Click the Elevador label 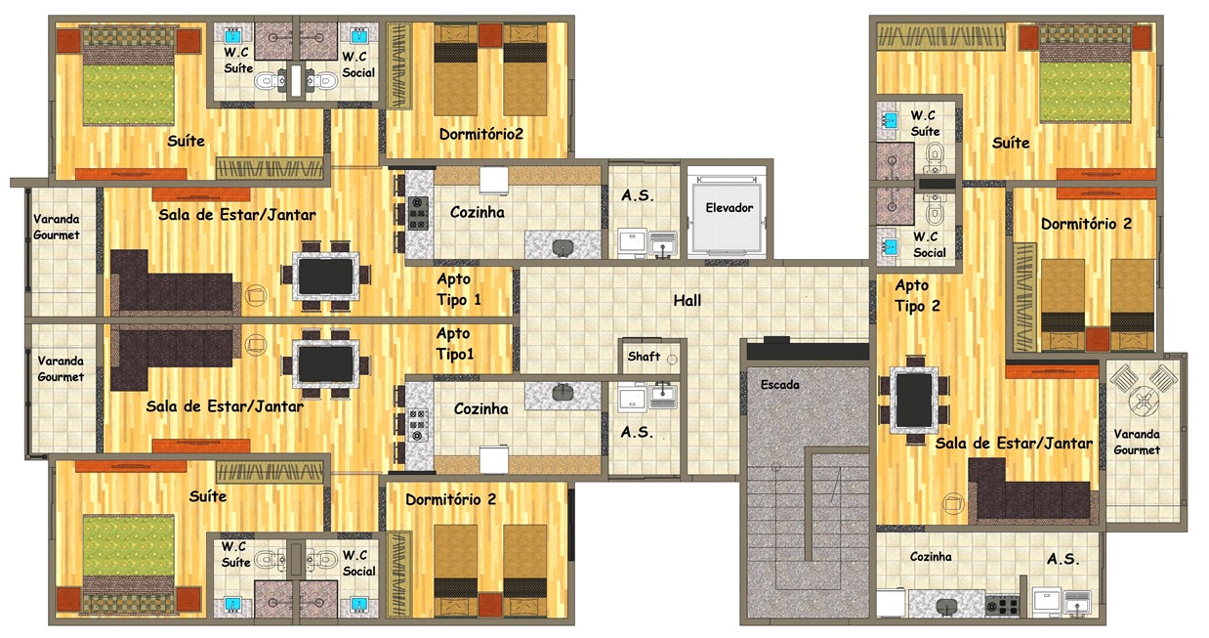tap(730, 208)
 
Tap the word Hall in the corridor tap(687, 301)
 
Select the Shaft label tap(644, 357)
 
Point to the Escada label tap(780, 385)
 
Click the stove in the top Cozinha tap(418, 212)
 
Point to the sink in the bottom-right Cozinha tap(946, 606)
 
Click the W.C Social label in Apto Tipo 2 tap(929, 244)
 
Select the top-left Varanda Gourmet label tap(57, 227)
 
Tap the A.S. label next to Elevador tap(638, 195)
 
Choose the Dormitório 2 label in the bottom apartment tap(450, 499)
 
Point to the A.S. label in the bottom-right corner tap(1063, 559)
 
